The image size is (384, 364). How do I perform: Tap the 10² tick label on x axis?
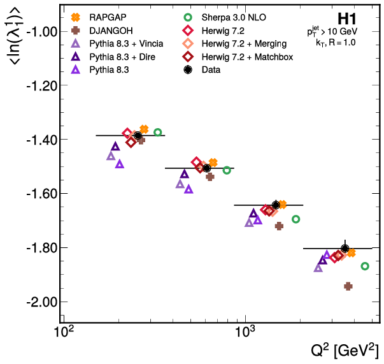(x=63, y=332)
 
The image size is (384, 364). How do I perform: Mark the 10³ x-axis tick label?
(x=245, y=332)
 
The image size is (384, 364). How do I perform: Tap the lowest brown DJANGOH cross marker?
(x=348, y=286)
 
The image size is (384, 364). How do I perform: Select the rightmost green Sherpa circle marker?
(x=365, y=266)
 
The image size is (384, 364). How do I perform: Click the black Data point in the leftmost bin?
(x=138, y=135)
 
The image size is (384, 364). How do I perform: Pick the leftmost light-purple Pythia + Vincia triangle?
(x=111, y=156)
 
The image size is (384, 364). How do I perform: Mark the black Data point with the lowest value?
(x=345, y=248)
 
